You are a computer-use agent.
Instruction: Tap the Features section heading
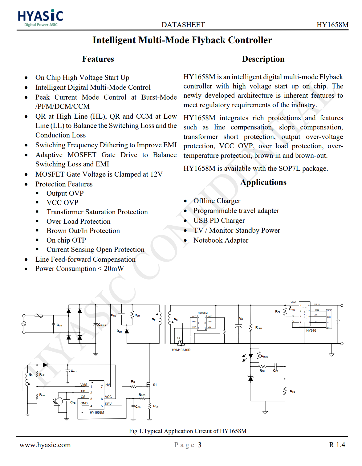[x=98, y=59]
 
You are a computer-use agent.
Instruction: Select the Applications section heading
[x=263, y=182]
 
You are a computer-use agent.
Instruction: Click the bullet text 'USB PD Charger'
[x=219, y=221]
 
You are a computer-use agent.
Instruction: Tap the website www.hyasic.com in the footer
[x=45, y=445]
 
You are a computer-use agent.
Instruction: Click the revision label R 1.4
[x=337, y=445]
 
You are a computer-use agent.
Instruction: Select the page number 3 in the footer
[x=200, y=445]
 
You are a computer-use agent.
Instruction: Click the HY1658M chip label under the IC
[x=97, y=412]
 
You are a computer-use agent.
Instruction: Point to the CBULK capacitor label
[x=102, y=325]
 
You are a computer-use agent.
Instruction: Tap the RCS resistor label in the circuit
[x=156, y=406]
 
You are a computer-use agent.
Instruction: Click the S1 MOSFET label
[x=155, y=385]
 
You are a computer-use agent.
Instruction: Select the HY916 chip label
[x=311, y=330]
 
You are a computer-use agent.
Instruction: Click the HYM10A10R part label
[x=181, y=350]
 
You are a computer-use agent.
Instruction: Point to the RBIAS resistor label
[x=265, y=356]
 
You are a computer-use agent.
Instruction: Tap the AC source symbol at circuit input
[x=24, y=324]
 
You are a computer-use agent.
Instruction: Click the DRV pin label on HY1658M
[x=108, y=404]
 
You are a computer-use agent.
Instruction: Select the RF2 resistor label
[x=292, y=391]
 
